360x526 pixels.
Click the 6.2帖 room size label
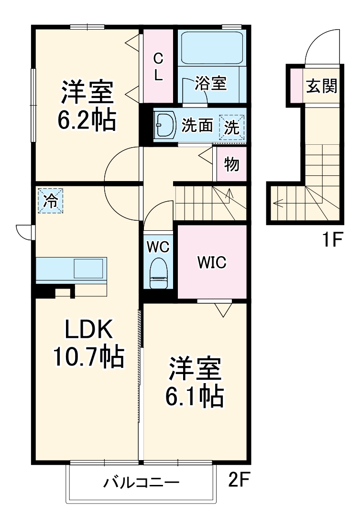tap(87, 120)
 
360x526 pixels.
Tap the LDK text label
tap(88, 330)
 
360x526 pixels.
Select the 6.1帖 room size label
tap(194, 397)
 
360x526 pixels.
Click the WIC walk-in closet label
tap(212, 262)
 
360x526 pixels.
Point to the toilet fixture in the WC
tap(158, 273)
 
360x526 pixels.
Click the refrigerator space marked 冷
tap(50, 201)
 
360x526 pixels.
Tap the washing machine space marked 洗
tap(232, 128)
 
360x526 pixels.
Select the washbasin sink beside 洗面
tap(165, 125)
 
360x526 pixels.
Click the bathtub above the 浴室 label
tap(211, 48)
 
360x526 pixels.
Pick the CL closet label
tap(158, 67)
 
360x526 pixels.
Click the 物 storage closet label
tap(232, 165)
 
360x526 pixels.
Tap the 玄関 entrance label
tap(321, 86)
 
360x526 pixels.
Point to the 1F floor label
tap(332, 240)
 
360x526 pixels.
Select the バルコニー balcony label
tap(141, 483)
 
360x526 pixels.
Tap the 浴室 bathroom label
tap(210, 83)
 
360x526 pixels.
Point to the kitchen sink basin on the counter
tap(88, 268)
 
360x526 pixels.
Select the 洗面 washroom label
tap(197, 126)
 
